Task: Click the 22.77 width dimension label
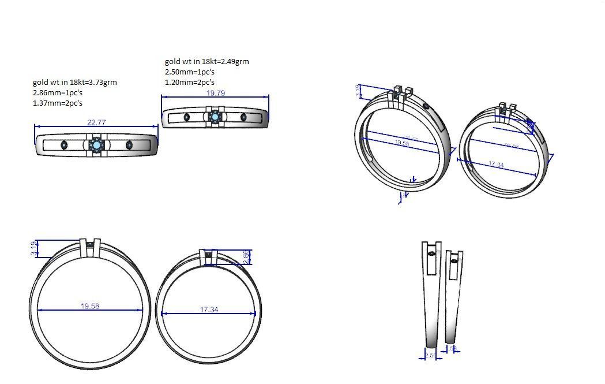pyautogui.click(x=96, y=122)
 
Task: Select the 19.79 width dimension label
pyautogui.click(x=216, y=92)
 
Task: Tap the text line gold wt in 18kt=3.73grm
pyautogui.click(x=75, y=83)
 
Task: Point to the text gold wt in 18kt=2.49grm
pyautogui.click(x=207, y=62)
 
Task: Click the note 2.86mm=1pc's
pyautogui.click(x=58, y=93)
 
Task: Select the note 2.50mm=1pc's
pyautogui.click(x=190, y=72)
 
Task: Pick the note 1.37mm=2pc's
pyautogui.click(x=58, y=103)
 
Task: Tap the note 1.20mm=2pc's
pyautogui.click(x=190, y=83)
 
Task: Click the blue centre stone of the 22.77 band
pyautogui.click(x=96, y=144)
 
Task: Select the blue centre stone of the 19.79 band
pyautogui.click(x=215, y=117)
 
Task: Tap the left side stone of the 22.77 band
pyautogui.click(x=64, y=145)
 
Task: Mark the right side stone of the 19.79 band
pyautogui.click(x=244, y=117)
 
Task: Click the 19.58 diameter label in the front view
pyautogui.click(x=90, y=306)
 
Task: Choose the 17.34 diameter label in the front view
pyautogui.click(x=209, y=310)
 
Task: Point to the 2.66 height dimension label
pyautogui.click(x=246, y=257)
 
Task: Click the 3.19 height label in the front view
pyautogui.click(x=34, y=248)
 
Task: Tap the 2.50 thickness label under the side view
pyautogui.click(x=430, y=356)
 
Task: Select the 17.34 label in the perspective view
pyautogui.click(x=496, y=165)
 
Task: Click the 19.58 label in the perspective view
pyautogui.click(x=401, y=143)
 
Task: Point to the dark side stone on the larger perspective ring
pyautogui.click(x=426, y=106)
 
